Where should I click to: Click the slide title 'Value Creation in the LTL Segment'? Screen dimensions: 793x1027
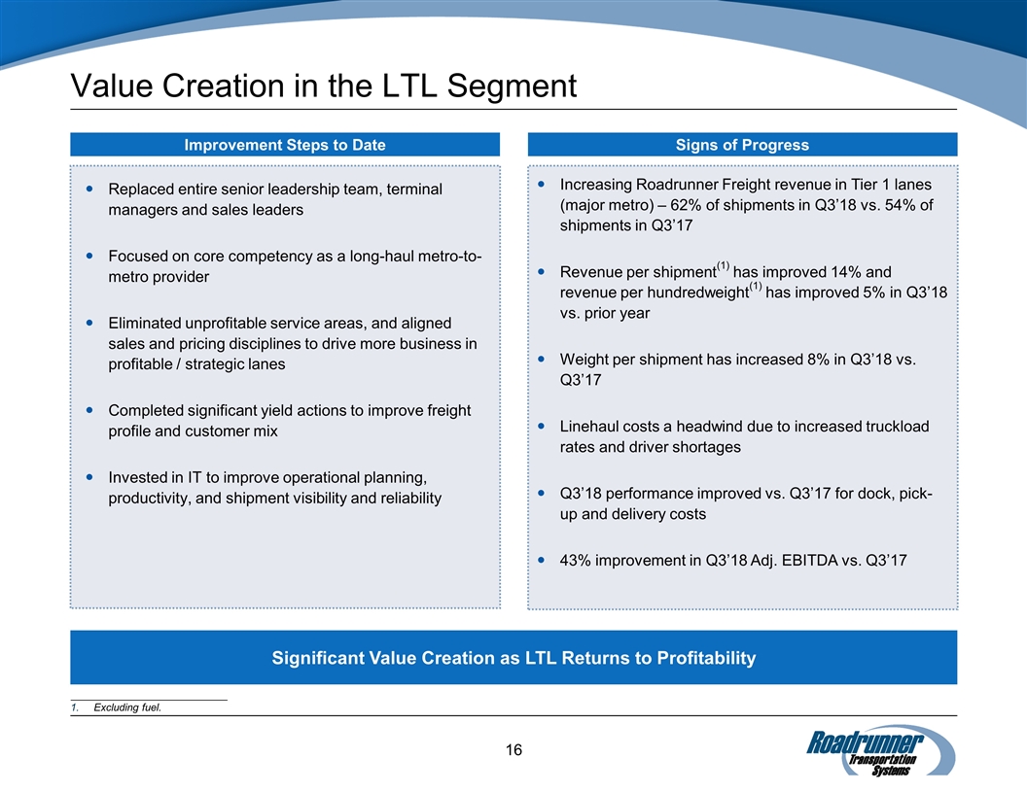323,86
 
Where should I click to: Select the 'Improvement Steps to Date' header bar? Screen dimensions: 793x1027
285,145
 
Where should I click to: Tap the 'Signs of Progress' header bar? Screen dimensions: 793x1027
742,145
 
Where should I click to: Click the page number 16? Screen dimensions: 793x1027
513,749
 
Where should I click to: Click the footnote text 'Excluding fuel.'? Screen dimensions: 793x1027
127,707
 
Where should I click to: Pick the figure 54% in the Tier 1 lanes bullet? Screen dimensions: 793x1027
894,205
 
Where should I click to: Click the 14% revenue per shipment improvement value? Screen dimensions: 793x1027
845,272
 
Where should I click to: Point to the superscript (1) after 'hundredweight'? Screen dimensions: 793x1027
755,286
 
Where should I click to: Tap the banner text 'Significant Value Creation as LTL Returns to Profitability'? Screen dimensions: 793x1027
513,658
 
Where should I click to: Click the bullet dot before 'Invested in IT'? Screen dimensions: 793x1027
90,477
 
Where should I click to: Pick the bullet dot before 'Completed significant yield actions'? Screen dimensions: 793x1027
90,410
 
